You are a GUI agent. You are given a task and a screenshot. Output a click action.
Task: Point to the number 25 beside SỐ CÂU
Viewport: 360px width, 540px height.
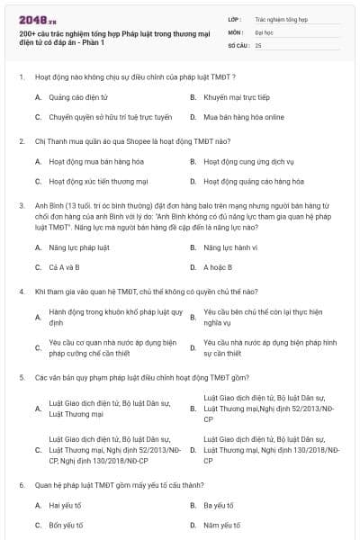(x=258, y=44)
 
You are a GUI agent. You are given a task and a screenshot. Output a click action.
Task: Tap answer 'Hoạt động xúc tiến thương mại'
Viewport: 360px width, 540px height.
(x=98, y=182)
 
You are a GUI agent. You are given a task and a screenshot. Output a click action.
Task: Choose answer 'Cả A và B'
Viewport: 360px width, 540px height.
(x=64, y=267)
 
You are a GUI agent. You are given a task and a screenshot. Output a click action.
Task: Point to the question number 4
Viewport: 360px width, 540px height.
(x=21, y=292)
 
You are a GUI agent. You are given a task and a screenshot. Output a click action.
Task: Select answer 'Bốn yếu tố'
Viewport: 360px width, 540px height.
(x=66, y=526)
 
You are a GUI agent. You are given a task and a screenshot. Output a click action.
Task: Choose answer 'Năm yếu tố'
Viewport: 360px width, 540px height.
(x=220, y=526)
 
